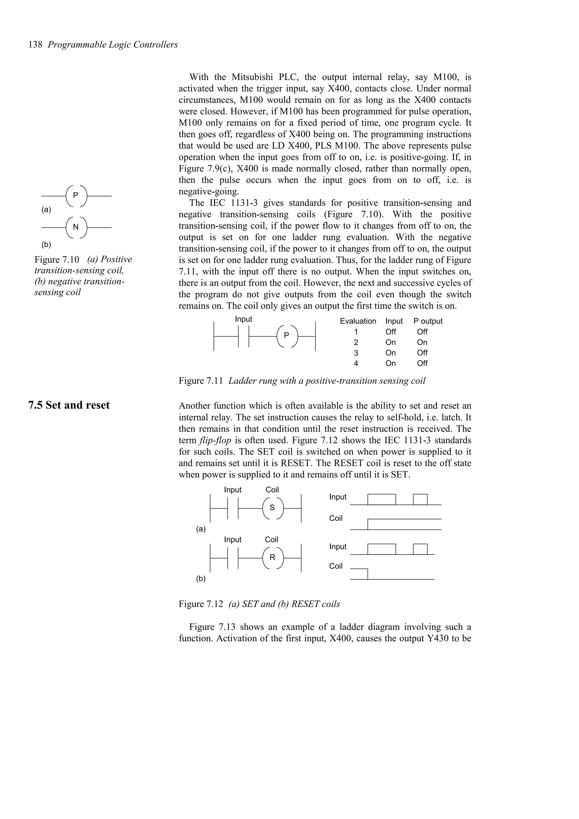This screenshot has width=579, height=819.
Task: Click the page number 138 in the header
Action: coord(35,45)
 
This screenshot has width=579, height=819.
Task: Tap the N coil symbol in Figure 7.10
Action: coord(76,227)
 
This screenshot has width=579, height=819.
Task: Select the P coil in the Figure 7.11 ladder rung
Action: coord(286,336)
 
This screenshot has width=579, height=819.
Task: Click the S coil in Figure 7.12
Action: coord(272,508)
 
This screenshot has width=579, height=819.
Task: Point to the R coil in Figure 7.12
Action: coord(272,558)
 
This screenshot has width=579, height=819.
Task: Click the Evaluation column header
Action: coord(358,321)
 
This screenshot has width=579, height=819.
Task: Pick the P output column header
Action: coord(428,321)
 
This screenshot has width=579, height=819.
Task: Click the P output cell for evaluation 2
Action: coord(422,343)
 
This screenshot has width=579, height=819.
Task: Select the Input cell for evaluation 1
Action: coord(391,332)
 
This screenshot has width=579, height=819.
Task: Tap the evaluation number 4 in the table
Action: coord(356,363)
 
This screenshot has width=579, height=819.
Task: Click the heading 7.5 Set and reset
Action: coord(69,405)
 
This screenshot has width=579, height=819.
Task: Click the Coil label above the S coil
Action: coord(272,490)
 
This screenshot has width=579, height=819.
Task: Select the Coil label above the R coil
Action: coord(271,540)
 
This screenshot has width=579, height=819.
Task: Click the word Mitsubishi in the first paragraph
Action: coord(252,77)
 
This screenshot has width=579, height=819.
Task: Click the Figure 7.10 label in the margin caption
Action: coord(57,259)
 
